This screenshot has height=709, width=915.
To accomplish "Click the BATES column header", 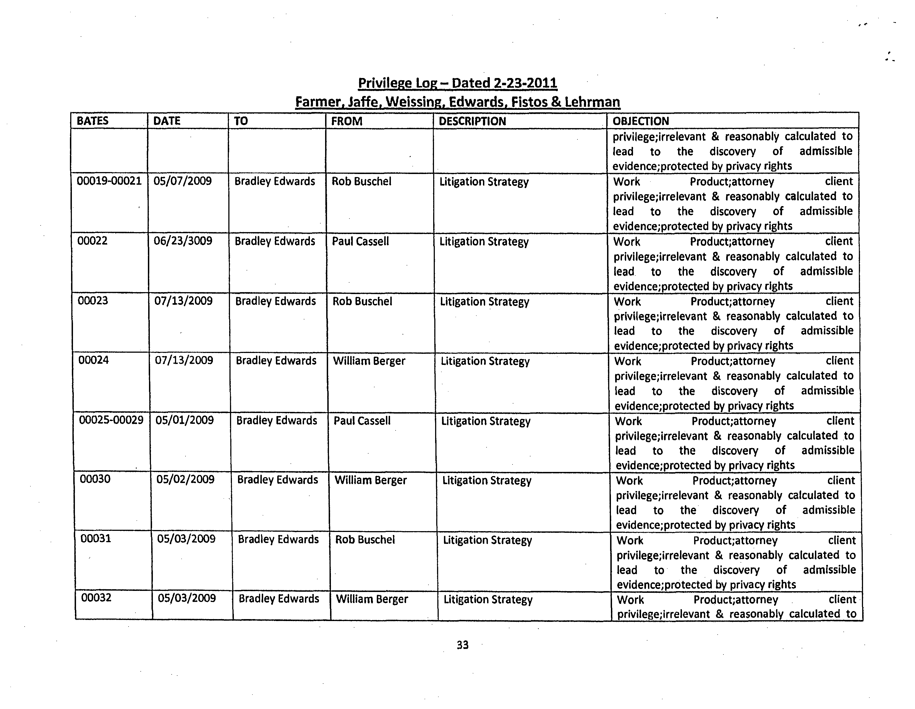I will click(x=93, y=121).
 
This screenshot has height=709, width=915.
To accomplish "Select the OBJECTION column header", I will click(x=640, y=121).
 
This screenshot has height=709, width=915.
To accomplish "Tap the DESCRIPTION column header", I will click(x=472, y=121).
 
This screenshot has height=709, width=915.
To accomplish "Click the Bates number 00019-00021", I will click(x=109, y=181).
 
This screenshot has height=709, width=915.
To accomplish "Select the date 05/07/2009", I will click(x=183, y=181).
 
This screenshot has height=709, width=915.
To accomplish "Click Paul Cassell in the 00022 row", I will click(x=360, y=241).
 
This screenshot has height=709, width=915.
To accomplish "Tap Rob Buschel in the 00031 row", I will click(x=365, y=540).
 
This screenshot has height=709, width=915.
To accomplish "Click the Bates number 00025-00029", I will click(x=111, y=420).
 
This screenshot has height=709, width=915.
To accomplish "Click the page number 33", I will click(x=462, y=645).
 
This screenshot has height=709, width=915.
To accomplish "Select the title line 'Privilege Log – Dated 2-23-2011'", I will click(x=457, y=83).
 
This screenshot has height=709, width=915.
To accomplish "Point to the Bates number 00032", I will click(x=96, y=598).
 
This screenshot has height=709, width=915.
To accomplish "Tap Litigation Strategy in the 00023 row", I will click(x=484, y=302).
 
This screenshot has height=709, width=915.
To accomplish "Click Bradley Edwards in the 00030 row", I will click(x=277, y=480).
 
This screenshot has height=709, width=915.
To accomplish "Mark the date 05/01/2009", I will click(x=185, y=420).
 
